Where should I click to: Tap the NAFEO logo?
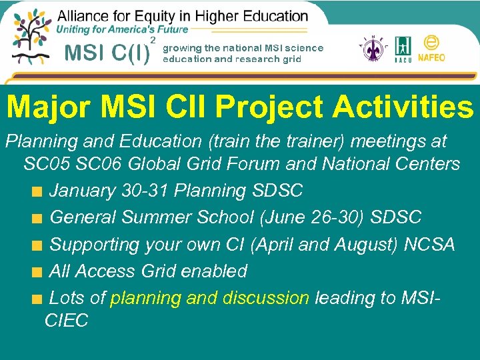point(431,49)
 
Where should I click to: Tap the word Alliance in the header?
point(86,15)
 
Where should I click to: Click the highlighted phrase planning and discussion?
point(209,298)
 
